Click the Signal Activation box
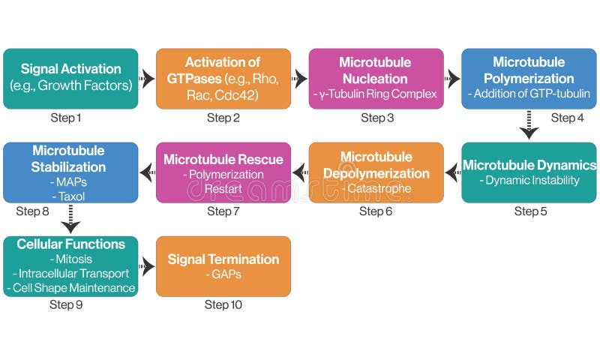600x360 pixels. (x=70, y=78)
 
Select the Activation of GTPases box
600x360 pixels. (x=223, y=78)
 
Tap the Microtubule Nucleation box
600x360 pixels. (x=376, y=78)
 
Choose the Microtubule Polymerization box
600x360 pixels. (x=529, y=78)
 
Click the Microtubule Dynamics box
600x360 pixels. (x=529, y=172)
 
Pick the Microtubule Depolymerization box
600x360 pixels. (x=376, y=172)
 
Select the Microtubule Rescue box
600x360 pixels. (x=223, y=172)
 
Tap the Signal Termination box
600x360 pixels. (x=223, y=266)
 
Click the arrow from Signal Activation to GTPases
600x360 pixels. (x=147, y=78)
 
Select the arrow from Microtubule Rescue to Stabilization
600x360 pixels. (x=147, y=172)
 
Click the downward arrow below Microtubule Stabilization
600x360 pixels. (x=70, y=219)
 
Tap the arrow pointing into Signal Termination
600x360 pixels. (x=147, y=266)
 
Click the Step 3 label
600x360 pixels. (x=377, y=118)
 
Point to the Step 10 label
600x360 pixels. (x=223, y=305)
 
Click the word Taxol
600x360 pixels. (x=70, y=196)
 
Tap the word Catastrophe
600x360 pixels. (x=377, y=188)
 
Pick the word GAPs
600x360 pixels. (x=223, y=275)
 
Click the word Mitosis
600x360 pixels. (x=70, y=259)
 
